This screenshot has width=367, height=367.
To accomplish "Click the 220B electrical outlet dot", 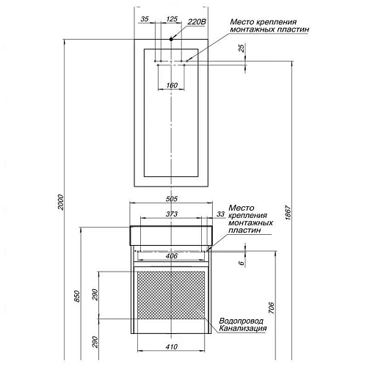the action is click(x=171, y=39).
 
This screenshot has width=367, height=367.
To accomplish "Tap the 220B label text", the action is click(x=197, y=22).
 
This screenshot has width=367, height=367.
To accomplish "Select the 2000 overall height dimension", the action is click(x=61, y=202).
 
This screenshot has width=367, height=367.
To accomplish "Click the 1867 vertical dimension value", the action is click(x=288, y=213).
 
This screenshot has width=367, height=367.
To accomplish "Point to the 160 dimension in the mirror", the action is click(x=172, y=85).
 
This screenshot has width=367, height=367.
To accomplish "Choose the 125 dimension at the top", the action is click(x=172, y=19).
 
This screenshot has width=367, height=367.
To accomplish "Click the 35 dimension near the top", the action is click(x=145, y=19).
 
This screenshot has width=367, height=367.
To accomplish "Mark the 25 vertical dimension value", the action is click(x=241, y=48).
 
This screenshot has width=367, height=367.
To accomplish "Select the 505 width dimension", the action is click(x=172, y=199).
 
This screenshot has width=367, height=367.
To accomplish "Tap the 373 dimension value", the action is click(x=172, y=214).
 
